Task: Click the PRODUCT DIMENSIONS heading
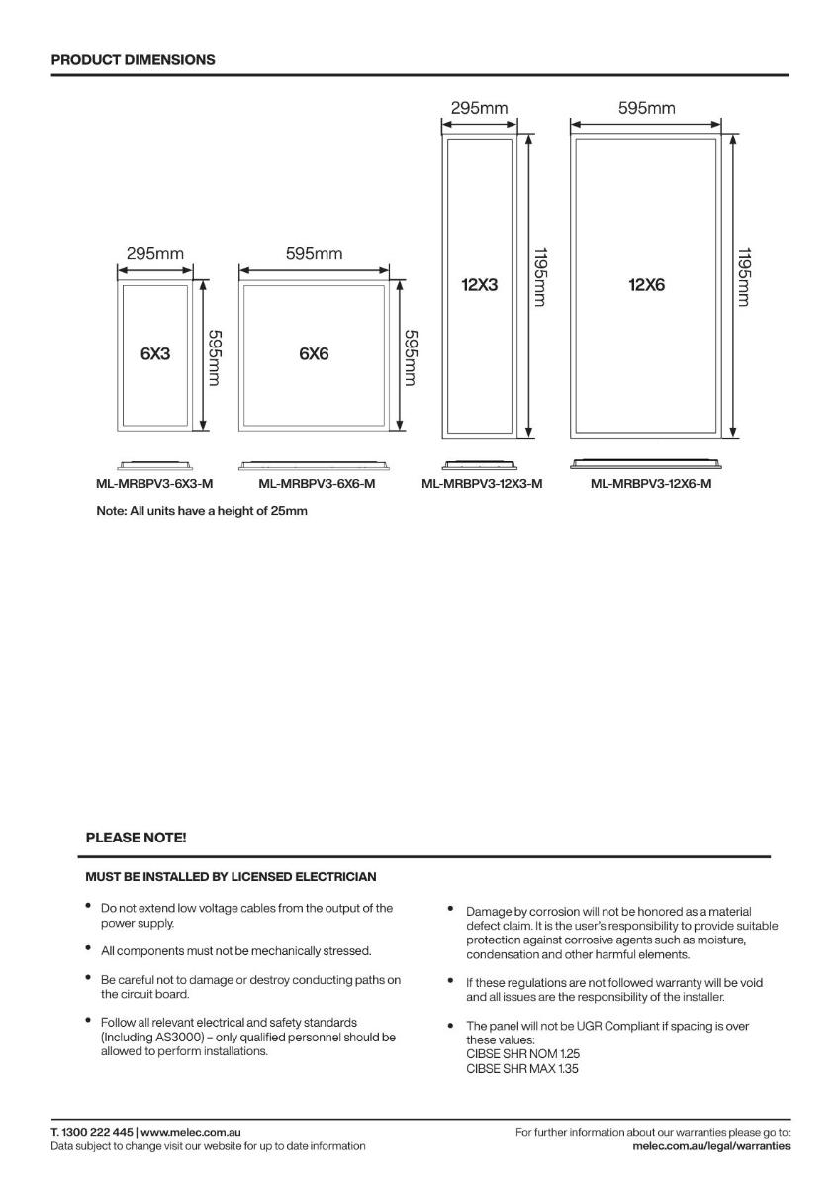tap(133, 59)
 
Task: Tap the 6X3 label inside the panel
tap(154, 353)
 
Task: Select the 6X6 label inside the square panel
tap(314, 353)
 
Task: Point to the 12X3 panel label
tap(479, 285)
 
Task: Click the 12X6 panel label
tap(646, 285)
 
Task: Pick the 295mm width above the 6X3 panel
tap(154, 254)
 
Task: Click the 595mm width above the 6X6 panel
tap(314, 254)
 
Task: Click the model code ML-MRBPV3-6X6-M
tap(317, 484)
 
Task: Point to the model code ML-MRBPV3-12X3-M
tap(482, 484)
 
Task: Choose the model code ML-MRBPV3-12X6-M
tap(650, 484)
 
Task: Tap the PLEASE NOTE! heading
tap(136, 838)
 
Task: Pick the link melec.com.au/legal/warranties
tap(710, 1146)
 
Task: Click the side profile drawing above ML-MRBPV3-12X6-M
tap(646, 463)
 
